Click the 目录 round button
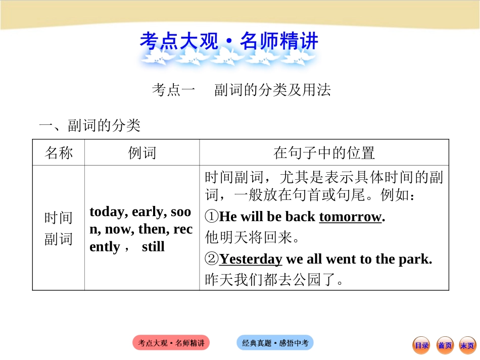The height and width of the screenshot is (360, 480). coord(421,345)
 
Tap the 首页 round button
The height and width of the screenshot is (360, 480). coord(445,345)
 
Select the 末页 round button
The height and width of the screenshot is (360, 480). coord(467,345)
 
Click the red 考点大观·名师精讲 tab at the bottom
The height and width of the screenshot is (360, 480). coord(171,343)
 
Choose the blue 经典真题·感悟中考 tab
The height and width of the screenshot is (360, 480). coord(275,343)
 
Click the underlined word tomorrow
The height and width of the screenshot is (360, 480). coord(350,217)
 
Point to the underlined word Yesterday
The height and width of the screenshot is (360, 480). coord(251,259)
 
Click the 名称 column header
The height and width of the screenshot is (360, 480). coord(59,153)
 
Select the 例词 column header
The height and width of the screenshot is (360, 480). coord(142,153)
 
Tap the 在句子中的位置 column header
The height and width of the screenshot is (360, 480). coord(324,153)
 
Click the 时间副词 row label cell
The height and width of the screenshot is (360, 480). coord(59,228)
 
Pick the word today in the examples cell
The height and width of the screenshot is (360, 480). coord(108,212)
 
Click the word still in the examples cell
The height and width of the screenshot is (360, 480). coord(153,247)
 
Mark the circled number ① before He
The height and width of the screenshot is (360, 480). coord(212,217)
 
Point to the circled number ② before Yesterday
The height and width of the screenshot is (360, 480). coord(212,260)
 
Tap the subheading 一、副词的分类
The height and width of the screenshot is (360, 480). coord(89,125)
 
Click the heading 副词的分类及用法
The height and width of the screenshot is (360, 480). coord(272,90)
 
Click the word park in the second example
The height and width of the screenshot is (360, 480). coord(417,259)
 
